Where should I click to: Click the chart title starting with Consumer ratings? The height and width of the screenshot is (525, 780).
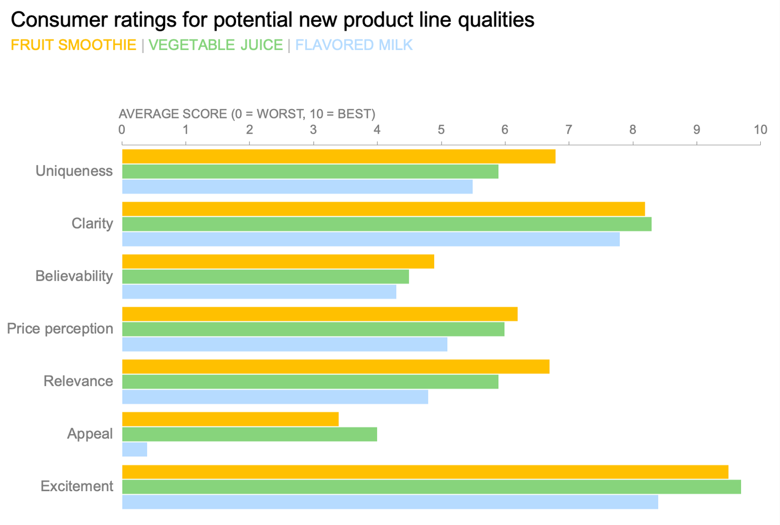tap(272, 20)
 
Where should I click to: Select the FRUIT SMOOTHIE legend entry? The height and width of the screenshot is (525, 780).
tap(73, 45)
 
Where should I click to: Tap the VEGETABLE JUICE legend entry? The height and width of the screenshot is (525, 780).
tap(215, 45)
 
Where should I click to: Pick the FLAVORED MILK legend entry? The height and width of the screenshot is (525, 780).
tap(354, 45)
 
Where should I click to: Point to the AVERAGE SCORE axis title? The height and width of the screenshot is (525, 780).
tap(247, 114)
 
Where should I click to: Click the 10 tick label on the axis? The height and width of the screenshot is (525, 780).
tap(760, 129)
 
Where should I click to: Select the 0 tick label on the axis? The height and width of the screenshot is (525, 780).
tap(122, 129)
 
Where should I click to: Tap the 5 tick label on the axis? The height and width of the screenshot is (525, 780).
tap(441, 129)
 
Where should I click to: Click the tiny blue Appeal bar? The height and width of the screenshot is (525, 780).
tap(135, 450)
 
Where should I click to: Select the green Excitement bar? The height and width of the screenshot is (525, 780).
tap(432, 487)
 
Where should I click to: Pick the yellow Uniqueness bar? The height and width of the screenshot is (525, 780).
tap(339, 156)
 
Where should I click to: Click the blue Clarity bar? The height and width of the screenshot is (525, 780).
tap(371, 239)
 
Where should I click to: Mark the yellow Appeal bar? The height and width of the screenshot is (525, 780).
tap(230, 419)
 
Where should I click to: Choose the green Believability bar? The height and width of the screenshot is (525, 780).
tap(265, 277)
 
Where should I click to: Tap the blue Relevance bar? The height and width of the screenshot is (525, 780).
tap(275, 397)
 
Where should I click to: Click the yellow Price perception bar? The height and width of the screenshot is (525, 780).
tap(320, 314)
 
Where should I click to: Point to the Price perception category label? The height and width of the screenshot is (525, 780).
tap(60, 329)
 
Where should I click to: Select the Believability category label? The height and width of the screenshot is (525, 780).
tap(74, 276)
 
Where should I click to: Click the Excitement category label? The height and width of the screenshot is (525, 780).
tap(77, 486)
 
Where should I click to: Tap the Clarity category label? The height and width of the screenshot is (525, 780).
tap(92, 224)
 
